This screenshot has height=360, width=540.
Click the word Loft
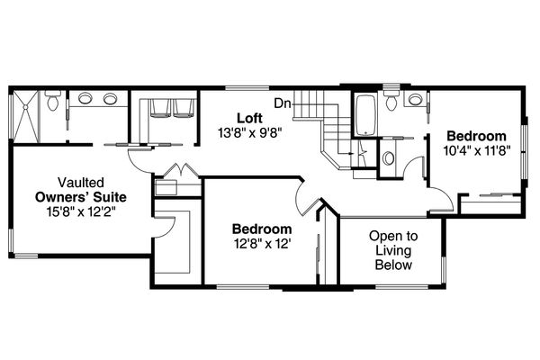249,118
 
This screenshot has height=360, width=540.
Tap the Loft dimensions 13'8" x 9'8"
249,132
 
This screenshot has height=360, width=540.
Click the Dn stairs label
282,102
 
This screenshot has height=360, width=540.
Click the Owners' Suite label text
81,196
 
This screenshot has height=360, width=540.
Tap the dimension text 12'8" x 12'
260,243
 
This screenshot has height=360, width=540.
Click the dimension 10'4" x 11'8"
478,151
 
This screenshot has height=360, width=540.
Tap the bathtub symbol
364,115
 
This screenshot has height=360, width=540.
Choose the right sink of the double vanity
109,99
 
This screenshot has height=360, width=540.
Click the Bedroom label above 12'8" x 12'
261,229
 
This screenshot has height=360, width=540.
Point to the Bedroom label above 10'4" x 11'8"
478,137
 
